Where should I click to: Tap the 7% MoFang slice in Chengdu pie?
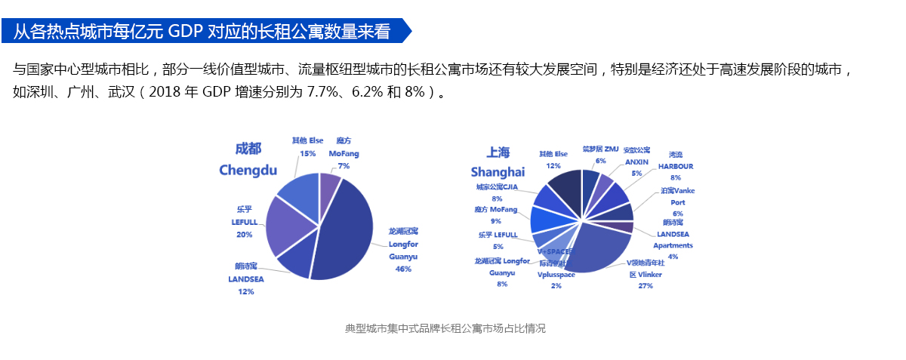329,187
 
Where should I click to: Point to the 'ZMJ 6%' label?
601,154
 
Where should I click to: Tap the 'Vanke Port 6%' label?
677,202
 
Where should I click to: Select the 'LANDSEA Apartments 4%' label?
673,239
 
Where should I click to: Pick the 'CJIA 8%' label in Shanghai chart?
497,192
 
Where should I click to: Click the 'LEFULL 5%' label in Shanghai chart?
498,240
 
